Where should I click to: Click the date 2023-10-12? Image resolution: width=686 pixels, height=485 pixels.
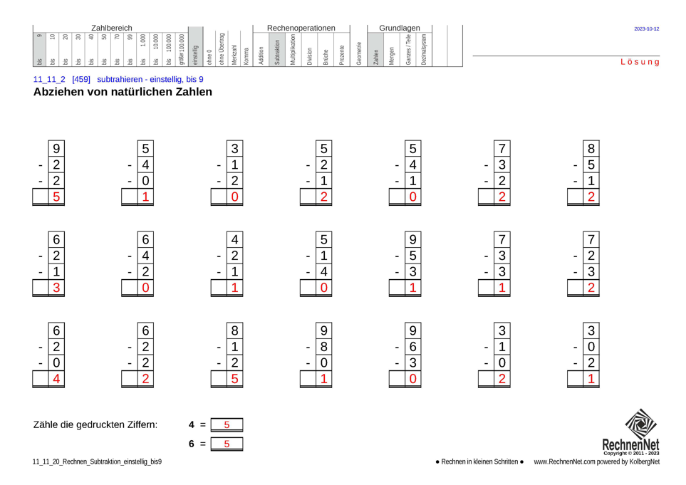click(x=646, y=29)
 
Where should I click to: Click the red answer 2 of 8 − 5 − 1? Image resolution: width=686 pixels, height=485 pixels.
click(x=591, y=197)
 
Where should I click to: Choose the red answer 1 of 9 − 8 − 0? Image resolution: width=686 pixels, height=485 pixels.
click(x=323, y=379)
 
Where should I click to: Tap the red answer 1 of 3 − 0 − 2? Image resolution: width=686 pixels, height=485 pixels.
click(x=591, y=379)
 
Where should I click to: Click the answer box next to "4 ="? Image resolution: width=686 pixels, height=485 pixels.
click(x=227, y=425)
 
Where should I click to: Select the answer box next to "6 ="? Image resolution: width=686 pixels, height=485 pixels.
click(x=227, y=444)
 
